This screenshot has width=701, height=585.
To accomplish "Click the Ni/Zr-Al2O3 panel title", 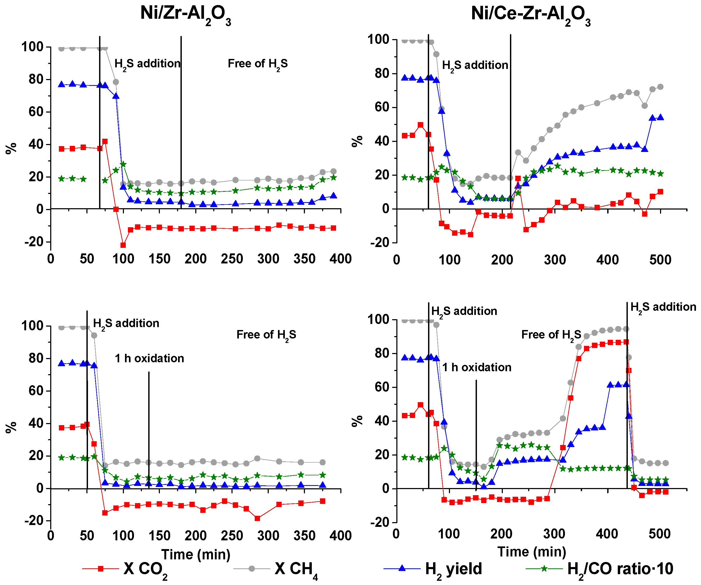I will click(185, 15).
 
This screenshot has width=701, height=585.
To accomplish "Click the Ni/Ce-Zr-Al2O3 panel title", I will click(531, 15).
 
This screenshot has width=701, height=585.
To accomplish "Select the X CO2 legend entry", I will click(145, 569).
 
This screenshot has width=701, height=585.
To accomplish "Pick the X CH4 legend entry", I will click(295, 569).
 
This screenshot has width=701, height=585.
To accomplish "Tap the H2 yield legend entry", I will click(453, 569).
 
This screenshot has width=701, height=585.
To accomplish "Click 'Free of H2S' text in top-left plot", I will click(257, 64).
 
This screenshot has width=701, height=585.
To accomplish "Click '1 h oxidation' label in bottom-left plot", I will click(149, 358).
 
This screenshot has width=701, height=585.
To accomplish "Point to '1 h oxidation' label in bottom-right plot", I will click(477, 368).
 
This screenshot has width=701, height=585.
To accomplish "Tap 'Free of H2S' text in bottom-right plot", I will click(551, 335).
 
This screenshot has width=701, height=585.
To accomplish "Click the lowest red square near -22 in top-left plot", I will click(123, 245).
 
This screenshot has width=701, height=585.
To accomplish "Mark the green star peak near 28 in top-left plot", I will click(123, 164).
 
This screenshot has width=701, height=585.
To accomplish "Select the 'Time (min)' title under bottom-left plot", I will click(196, 554).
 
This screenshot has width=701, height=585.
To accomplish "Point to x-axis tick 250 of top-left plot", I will click(232, 259).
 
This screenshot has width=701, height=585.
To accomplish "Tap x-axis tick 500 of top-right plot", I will click(660, 260).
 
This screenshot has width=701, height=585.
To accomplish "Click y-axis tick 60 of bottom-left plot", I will click(35, 391).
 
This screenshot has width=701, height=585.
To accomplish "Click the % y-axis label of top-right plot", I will click(357, 141).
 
